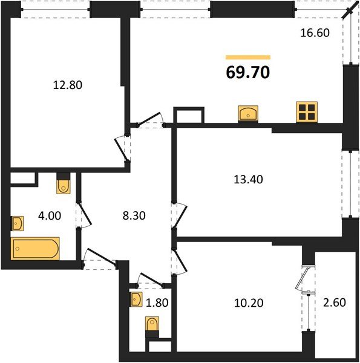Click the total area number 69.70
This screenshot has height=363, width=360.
[248, 73]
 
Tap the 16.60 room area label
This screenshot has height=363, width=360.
[315, 33]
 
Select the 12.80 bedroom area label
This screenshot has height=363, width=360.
[67, 85]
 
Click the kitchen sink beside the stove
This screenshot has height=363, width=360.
[249, 113]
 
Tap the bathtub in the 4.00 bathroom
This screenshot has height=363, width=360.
[36, 248]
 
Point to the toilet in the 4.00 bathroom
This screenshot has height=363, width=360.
[64, 184]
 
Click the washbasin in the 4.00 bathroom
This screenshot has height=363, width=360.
[16, 224]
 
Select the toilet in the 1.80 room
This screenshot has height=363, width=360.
[151, 327]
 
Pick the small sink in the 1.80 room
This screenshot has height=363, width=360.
[136, 299]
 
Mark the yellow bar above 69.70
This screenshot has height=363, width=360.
[248, 57]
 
